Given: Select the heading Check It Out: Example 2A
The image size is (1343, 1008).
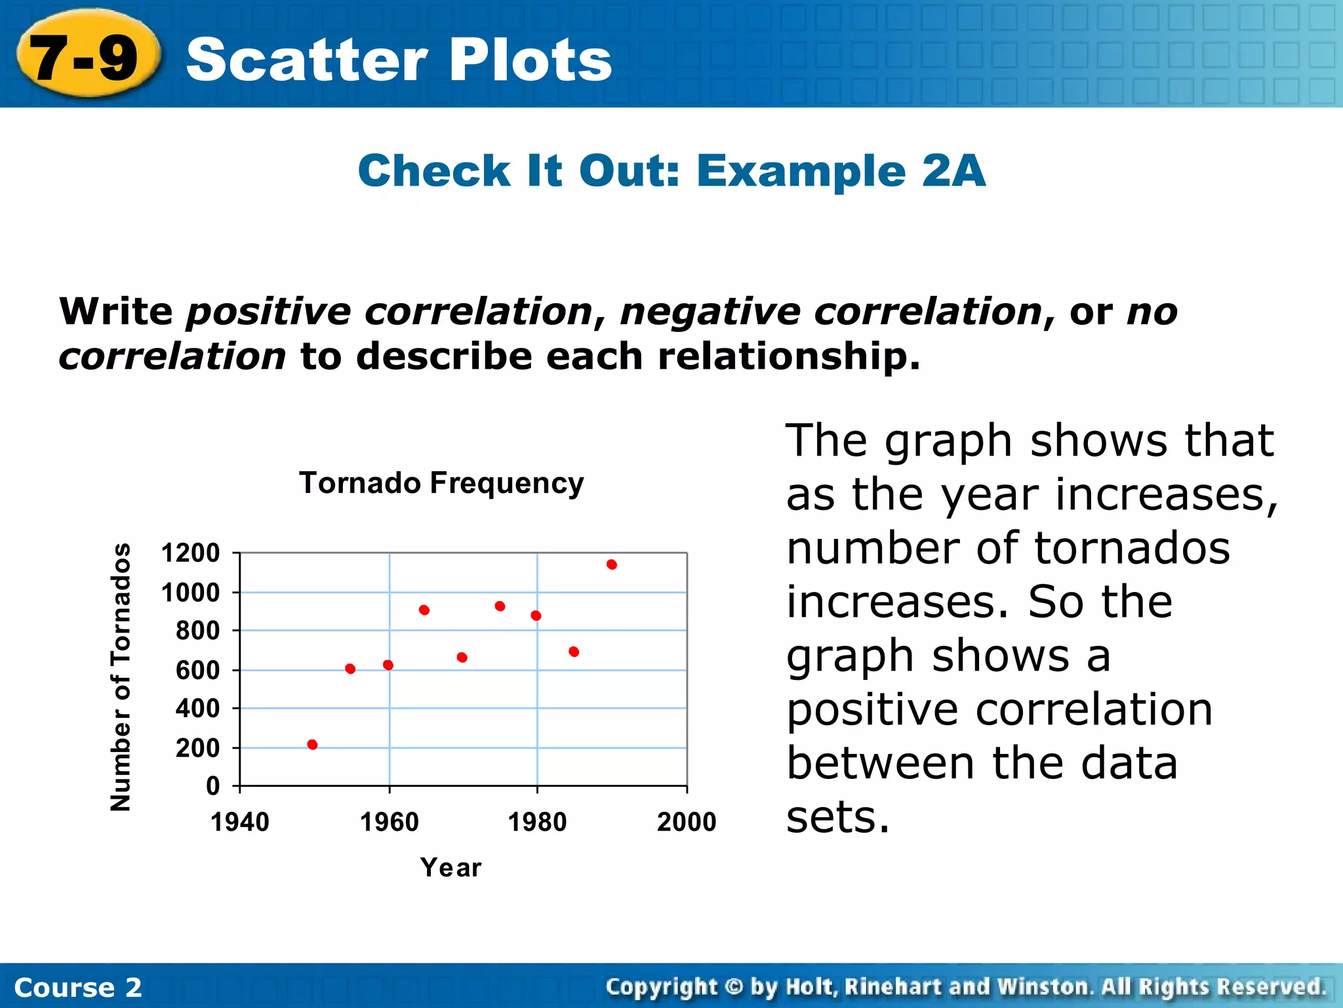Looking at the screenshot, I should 671,171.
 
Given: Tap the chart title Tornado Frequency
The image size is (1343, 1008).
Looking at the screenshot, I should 441,483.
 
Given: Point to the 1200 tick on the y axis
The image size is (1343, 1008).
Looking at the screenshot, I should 190,553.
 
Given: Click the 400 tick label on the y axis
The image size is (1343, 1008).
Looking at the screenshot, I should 197,709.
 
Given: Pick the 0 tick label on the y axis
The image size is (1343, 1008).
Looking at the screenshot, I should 212,786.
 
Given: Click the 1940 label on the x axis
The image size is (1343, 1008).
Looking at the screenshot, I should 239,822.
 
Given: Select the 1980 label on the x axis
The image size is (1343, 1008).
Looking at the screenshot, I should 537,822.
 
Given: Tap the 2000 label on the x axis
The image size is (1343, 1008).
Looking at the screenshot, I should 687,822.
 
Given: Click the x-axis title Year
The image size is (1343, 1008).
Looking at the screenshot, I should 451,868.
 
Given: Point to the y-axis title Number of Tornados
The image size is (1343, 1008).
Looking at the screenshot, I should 121,677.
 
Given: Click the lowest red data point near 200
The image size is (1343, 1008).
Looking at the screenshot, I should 312,745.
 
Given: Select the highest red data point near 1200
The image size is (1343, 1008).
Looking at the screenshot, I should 612,564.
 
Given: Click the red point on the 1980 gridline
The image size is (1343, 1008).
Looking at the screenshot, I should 536,616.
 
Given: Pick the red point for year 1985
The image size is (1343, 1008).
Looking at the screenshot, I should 574,652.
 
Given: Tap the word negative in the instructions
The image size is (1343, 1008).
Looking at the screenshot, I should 710,311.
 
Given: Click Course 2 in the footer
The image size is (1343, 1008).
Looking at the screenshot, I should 77,988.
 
